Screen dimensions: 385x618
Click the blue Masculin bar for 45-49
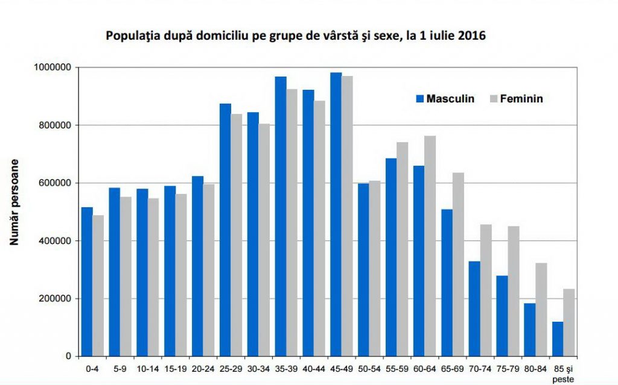click(336, 214)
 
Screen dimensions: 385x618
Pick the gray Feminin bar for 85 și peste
click(569, 322)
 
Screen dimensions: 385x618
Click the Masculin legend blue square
click(419, 98)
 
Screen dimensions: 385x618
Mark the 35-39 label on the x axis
click(287, 366)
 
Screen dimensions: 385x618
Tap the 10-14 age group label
click(148, 366)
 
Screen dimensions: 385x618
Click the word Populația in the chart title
click(130, 36)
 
